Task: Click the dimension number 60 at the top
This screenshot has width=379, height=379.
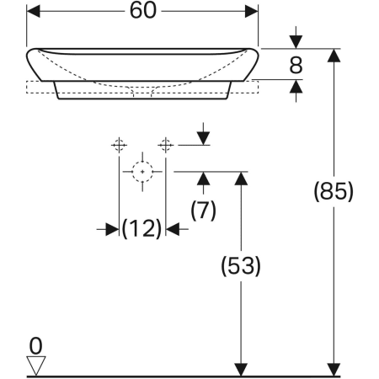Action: click(143, 12)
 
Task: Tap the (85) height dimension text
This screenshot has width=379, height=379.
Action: click(333, 191)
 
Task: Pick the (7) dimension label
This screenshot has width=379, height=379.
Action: click(202, 210)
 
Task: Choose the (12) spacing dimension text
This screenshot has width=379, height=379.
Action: click(141, 227)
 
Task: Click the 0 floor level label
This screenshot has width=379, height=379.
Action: click(35, 344)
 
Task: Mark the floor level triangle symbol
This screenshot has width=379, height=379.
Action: click(35, 363)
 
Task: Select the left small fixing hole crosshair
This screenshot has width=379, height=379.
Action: click(119, 144)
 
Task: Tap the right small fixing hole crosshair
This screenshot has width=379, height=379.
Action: click(166, 144)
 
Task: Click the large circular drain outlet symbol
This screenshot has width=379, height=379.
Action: click(142, 171)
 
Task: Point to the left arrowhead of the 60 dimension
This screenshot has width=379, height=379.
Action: click(35, 12)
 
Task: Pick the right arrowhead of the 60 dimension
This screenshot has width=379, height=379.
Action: click(252, 12)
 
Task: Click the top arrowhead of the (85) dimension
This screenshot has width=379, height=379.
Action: click(334, 56)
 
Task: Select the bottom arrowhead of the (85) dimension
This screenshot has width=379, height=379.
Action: click(334, 368)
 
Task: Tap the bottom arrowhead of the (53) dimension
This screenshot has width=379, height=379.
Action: click(241, 368)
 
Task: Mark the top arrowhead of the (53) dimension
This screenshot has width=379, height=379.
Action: click(241, 178)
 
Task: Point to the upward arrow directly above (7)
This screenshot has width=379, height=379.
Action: click(203, 178)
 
